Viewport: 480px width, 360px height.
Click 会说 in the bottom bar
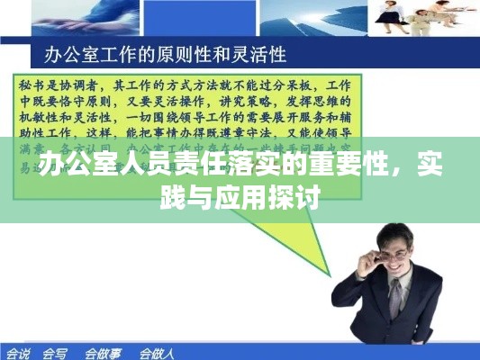pos(18,352)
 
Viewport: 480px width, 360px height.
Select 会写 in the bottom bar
pos(55,352)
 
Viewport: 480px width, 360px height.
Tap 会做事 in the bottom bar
pos(103,352)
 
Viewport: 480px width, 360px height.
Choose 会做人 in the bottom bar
pos(156,352)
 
